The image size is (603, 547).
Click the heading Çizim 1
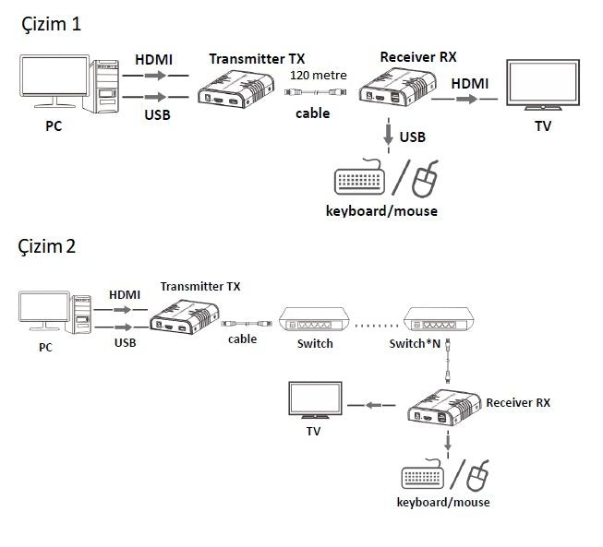point(51,25)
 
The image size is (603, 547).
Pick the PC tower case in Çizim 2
point(82,317)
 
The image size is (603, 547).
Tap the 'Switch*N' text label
point(413,344)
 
